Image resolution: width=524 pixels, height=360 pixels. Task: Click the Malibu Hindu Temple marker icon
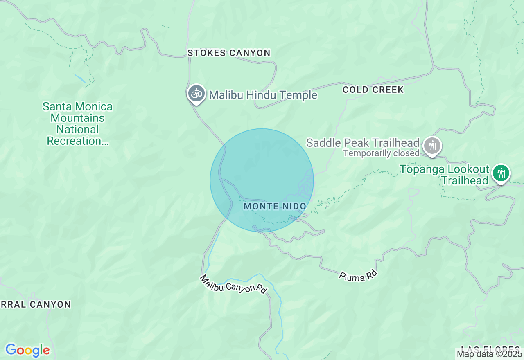196,94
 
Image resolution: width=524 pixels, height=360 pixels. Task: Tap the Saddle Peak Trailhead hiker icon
432,145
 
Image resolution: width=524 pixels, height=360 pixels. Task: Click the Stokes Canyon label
229,53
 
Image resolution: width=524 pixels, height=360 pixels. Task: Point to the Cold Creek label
373,90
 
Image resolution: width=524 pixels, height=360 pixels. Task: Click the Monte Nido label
275,206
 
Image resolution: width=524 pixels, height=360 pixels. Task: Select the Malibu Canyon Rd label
233,284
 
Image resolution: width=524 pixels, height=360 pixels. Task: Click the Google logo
27,351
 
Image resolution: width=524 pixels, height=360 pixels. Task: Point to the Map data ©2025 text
490,354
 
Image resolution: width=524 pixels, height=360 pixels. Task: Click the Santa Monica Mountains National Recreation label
78,124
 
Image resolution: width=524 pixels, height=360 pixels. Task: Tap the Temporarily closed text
381,153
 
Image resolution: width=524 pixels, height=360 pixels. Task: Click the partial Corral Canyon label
36,304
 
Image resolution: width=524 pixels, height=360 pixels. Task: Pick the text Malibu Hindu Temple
263,95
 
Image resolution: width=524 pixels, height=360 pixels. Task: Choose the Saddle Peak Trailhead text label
363,143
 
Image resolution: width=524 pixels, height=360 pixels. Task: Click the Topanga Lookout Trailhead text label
445,175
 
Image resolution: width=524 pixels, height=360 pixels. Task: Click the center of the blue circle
262,180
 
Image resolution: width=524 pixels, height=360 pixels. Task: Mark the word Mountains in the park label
77,118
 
